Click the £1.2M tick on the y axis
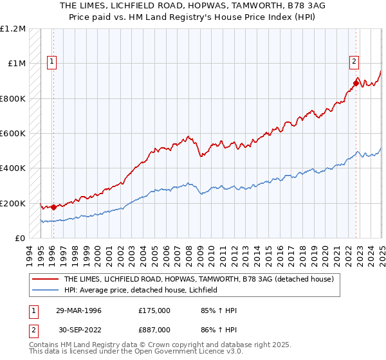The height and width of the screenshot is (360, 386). (13, 29)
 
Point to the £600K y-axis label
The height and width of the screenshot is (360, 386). (13, 134)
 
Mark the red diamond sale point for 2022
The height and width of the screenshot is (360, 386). (356, 83)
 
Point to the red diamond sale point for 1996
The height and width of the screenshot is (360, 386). (53, 207)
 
